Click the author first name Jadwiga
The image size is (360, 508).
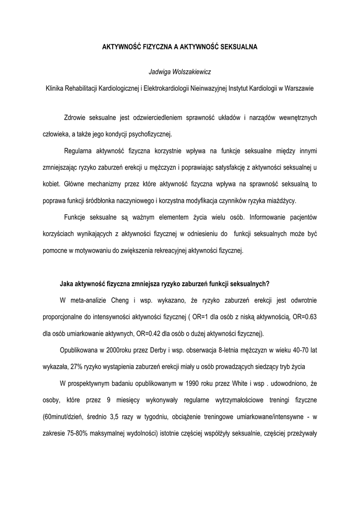point(160,72)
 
